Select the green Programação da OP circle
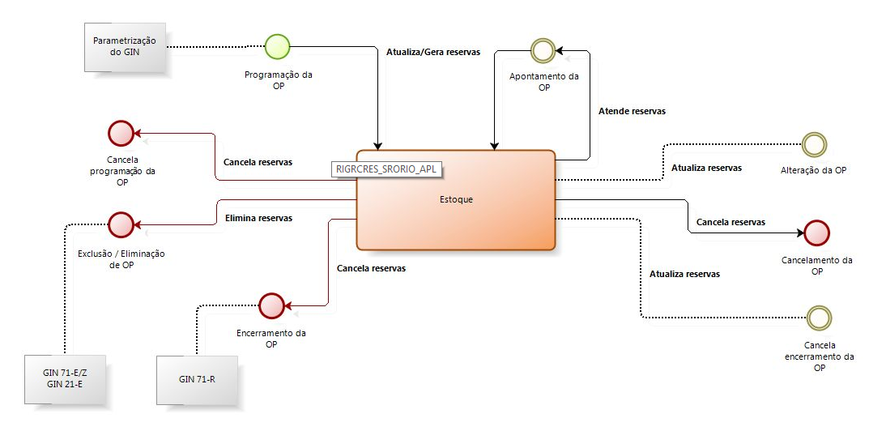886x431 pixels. [x=277, y=47]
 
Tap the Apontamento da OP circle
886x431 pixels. [x=543, y=51]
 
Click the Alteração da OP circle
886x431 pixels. [x=813, y=145]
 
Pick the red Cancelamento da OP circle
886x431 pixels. [x=817, y=233]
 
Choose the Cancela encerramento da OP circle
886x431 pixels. [x=820, y=318]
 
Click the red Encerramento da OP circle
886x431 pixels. [x=270, y=305]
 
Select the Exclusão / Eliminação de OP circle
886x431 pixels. [x=121, y=224]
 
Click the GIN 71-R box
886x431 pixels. [x=197, y=379]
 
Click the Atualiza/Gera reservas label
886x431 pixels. [x=433, y=52]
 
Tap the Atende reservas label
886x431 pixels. [x=632, y=111]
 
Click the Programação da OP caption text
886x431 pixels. [x=278, y=80]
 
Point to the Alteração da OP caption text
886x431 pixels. [x=814, y=170]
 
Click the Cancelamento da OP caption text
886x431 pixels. [x=817, y=266]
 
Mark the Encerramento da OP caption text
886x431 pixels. [x=270, y=338]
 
